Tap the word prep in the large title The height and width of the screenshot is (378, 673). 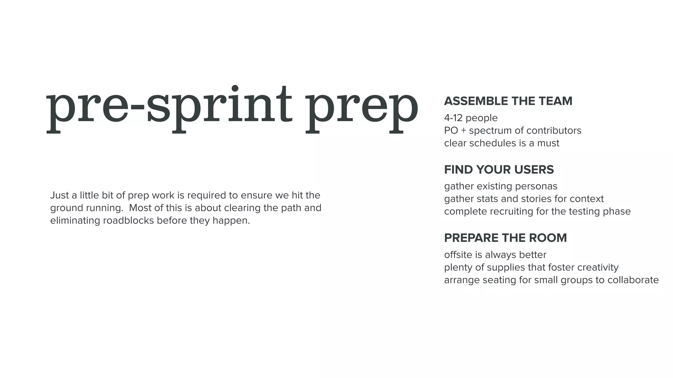(361, 108)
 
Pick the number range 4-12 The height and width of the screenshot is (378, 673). (453, 118)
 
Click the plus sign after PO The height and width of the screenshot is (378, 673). (463, 131)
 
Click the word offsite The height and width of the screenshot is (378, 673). (458, 255)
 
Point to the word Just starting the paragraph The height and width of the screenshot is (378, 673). (59, 195)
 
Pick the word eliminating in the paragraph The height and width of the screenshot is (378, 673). (75, 220)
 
